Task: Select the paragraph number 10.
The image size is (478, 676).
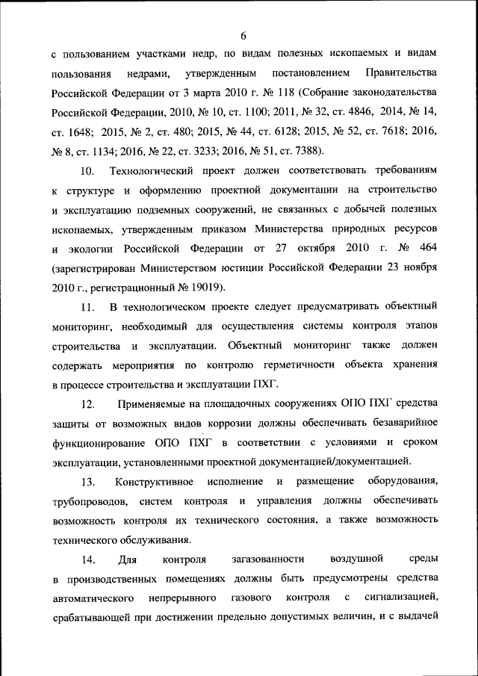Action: click(x=87, y=171)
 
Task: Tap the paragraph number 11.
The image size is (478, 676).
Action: click(x=87, y=307)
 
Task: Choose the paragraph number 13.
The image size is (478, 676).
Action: click(x=87, y=480)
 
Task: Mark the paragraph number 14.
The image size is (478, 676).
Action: click(x=87, y=558)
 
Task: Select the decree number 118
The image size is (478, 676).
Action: click(x=285, y=93)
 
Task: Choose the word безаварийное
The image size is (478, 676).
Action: click(x=395, y=423)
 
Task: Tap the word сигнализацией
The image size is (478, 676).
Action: click(x=400, y=598)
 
